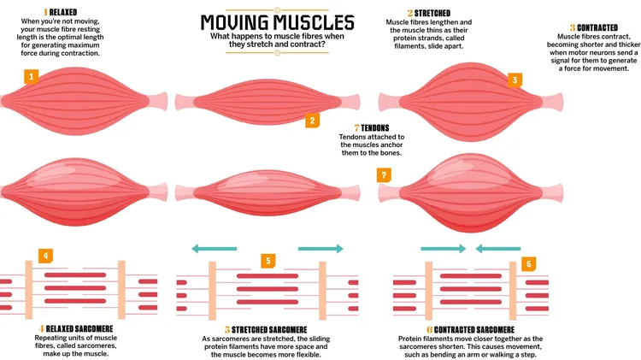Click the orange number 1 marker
click(x=32, y=77)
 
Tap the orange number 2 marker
click(x=313, y=121)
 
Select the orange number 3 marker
click(x=515, y=80)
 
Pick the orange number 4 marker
click(x=46, y=254)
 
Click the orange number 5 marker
click(x=268, y=260)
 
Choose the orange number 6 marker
click(x=529, y=264)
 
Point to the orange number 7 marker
click(x=385, y=174)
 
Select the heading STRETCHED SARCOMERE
click(x=274, y=329)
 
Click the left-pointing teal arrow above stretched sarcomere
click(x=214, y=249)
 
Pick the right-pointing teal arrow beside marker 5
click(x=320, y=249)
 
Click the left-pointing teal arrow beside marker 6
click(x=497, y=249)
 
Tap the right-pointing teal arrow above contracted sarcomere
click(x=443, y=249)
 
